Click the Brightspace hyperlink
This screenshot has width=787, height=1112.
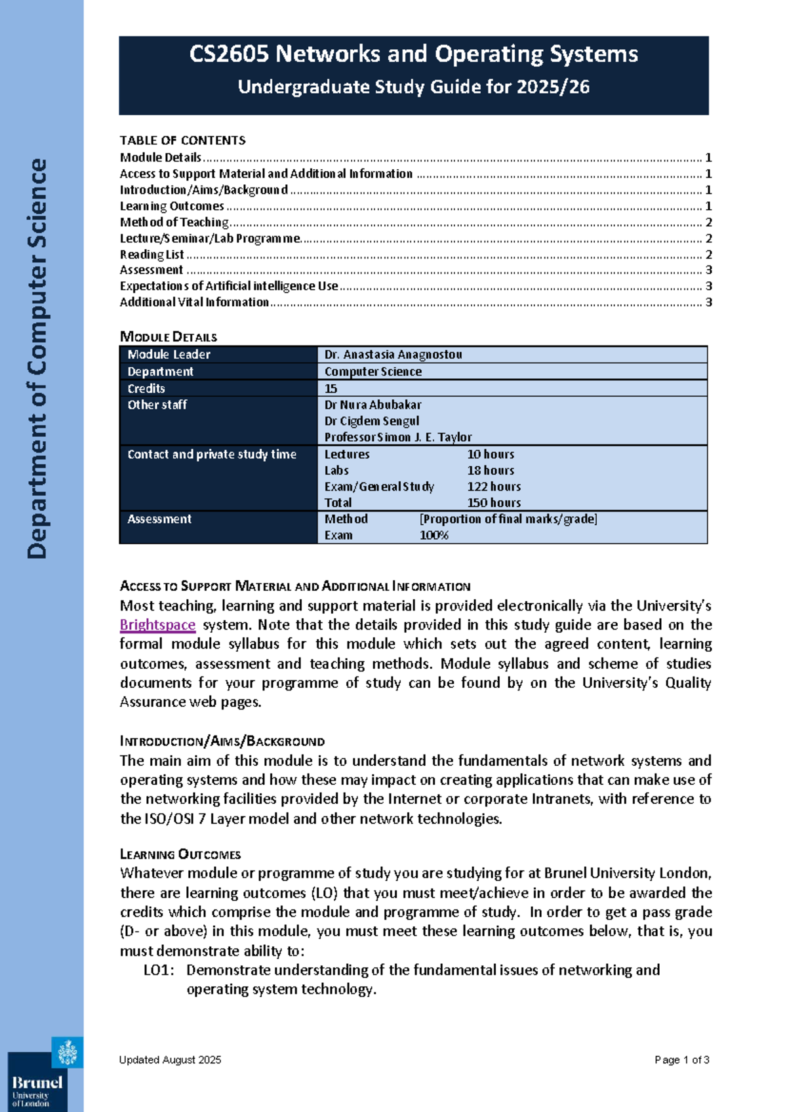pos(157,625)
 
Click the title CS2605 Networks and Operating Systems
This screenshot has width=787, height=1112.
pos(413,54)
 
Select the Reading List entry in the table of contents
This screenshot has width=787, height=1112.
pos(151,254)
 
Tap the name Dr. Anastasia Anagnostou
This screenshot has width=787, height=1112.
pos(393,355)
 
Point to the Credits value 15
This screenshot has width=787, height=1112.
pos(331,389)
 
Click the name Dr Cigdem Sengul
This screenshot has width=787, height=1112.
pos(371,421)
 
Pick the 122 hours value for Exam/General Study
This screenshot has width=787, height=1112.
pos(493,486)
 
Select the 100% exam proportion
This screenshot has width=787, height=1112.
pos(434,535)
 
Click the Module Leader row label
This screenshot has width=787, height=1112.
pos(169,355)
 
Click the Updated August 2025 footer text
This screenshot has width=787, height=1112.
pos(170,1060)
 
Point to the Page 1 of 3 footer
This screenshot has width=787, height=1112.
pos(681,1060)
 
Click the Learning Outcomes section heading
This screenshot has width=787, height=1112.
pos(180,854)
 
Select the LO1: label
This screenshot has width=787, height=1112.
pos(159,970)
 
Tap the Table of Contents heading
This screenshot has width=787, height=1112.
pos(182,140)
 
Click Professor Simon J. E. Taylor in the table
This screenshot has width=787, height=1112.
pos(397,437)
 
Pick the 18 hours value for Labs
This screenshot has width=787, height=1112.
pos(491,470)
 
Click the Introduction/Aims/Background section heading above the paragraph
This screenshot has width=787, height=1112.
pos(222,742)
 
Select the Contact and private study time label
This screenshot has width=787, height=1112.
pos(212,454)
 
